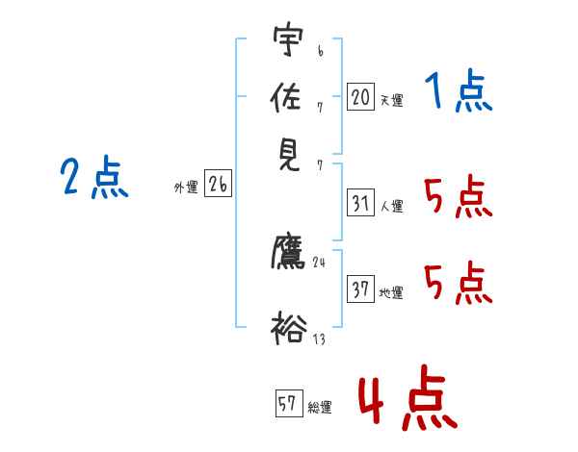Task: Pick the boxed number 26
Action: pyautogui.click(x=218, y=185)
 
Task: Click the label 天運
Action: pyautogui.click(x=391, y=100)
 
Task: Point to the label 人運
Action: pyautogui.click(x=391, y=206)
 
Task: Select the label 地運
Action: pyautogui.click(x=391, y=293)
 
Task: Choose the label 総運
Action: pyautogui.click(x=320, y=408)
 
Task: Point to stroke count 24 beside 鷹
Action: pyautogui.click(x=321, y=261)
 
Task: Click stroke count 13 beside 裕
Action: pyautogui.click(x=319, y=338)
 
